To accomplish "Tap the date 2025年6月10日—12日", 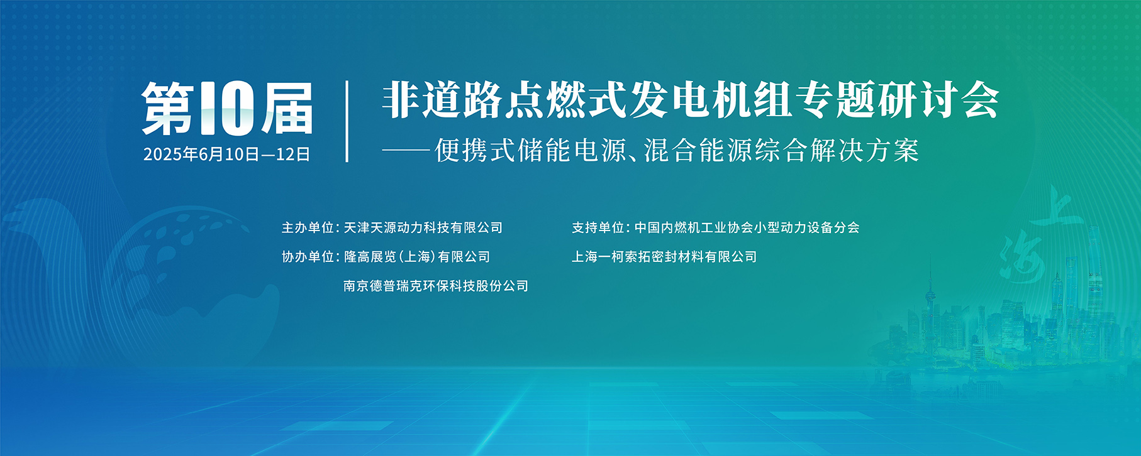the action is pyautogui.click(x=227, y=155).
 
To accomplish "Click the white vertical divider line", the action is pyautogui.click(x=347, y=121).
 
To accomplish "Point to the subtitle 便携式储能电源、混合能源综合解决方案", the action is pyautogui.click(x=677, y=151).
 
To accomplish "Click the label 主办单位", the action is pyautogui.click(x=307, y=227).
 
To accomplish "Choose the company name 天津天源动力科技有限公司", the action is pyautogui.click(x=423, y=227).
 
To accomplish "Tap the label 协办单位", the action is pyautogui.click(x=307, y=257).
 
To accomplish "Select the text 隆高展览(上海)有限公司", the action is pyautogui.click(x=417, y=257).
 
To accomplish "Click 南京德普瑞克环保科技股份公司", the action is pyautogui.click(x=436, y=286).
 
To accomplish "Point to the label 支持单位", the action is pyautogui.click(x=598, y=227).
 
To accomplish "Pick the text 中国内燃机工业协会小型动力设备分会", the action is pyautogui.click(x=747, y=227).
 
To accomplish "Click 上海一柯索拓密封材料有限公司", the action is pyautogui.click(x=664, y=257).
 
